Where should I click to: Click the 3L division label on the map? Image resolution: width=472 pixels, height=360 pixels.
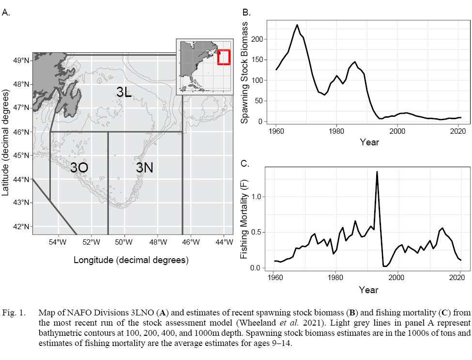124,92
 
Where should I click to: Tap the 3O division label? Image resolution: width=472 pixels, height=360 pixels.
79,168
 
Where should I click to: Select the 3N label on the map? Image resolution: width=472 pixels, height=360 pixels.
144,168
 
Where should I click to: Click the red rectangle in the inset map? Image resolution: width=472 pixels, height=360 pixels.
224,57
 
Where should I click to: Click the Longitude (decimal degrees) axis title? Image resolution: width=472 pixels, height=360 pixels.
131,260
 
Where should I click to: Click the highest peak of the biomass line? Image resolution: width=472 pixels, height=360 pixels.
297,25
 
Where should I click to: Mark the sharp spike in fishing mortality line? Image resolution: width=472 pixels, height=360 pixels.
377,172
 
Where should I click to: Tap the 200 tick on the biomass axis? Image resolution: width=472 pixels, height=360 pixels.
259,39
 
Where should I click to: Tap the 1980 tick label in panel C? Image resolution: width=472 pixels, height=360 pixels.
335,278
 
